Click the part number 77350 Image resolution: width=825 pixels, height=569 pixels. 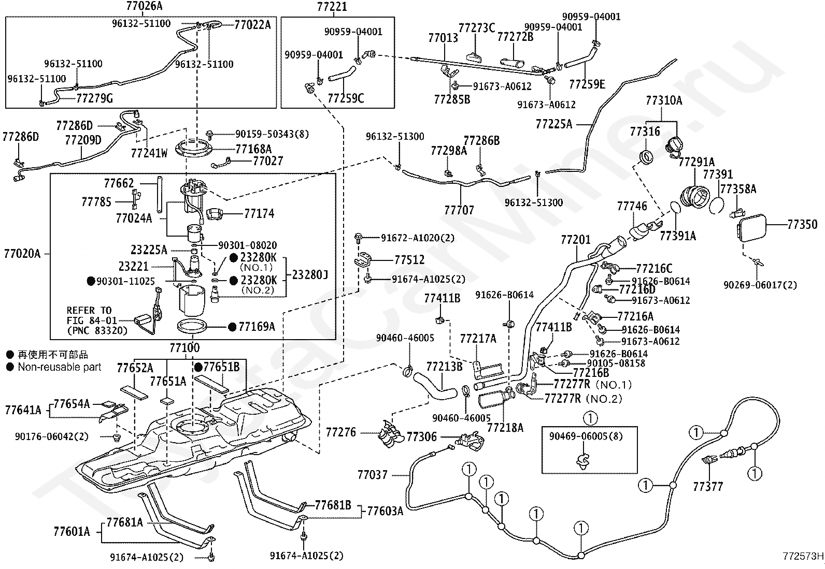click(x=802, y=224)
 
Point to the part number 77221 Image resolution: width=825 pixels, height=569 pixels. click(x=332, y=6)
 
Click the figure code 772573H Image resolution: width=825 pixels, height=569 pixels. click(x=803, y=557)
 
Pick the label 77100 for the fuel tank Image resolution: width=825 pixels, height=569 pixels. click(x=184, y=347)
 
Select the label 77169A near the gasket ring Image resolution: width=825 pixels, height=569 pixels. click(x=257, y=327)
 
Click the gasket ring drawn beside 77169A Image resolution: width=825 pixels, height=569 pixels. click(x=192, y=327)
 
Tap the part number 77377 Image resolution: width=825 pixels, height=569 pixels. click(x=708, y=486)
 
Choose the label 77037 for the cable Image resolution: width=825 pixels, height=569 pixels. click(x=372, y=474)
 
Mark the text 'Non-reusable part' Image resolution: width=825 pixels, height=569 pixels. click(x=60, y=367)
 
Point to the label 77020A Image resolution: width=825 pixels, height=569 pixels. click(x=22, y=254)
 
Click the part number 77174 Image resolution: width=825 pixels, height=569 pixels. click(x=259, y=213)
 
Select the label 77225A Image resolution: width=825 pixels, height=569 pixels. click(x=553, y=124)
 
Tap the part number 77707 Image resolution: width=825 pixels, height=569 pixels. click(x=459, y=210)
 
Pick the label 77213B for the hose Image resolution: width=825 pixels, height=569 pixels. click(x=444, y=367)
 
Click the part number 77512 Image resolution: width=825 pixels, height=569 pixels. click(x=409, y=259)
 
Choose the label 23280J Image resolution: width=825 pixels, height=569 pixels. click(x=310, y=274)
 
